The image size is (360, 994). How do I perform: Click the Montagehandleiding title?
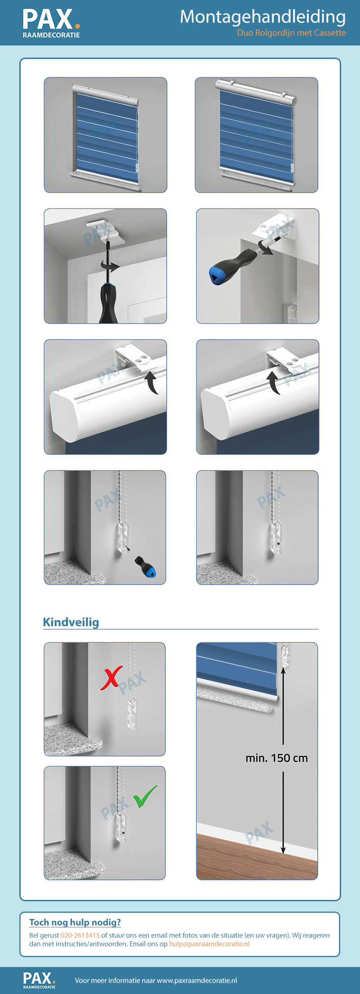263,18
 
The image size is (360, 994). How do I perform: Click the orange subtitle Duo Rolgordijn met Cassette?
292,33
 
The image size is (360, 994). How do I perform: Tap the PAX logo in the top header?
51,23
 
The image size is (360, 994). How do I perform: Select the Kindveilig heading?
71,622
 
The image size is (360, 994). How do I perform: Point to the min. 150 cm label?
277,758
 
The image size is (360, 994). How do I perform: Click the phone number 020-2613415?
80,935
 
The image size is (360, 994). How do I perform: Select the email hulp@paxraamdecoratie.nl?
209,944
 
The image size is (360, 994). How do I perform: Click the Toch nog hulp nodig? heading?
75,922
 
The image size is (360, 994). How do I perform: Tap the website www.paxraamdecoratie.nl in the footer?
197,980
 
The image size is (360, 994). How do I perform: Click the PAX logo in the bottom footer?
39,980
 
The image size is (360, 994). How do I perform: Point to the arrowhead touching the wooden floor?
283,850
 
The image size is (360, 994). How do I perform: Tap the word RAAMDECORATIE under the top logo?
51,35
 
